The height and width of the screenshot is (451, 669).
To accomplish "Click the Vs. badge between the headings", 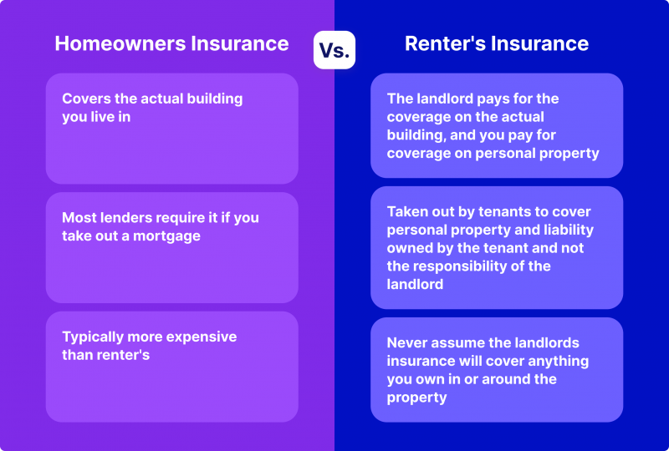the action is tap(334, 50).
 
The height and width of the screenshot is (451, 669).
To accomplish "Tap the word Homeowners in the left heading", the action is tap(120, 43).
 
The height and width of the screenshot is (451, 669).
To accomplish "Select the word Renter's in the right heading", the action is tap(445, 43).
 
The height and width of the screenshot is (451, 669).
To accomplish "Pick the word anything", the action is tap(559, 362).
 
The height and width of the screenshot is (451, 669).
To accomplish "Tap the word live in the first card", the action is tap(102, 117).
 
